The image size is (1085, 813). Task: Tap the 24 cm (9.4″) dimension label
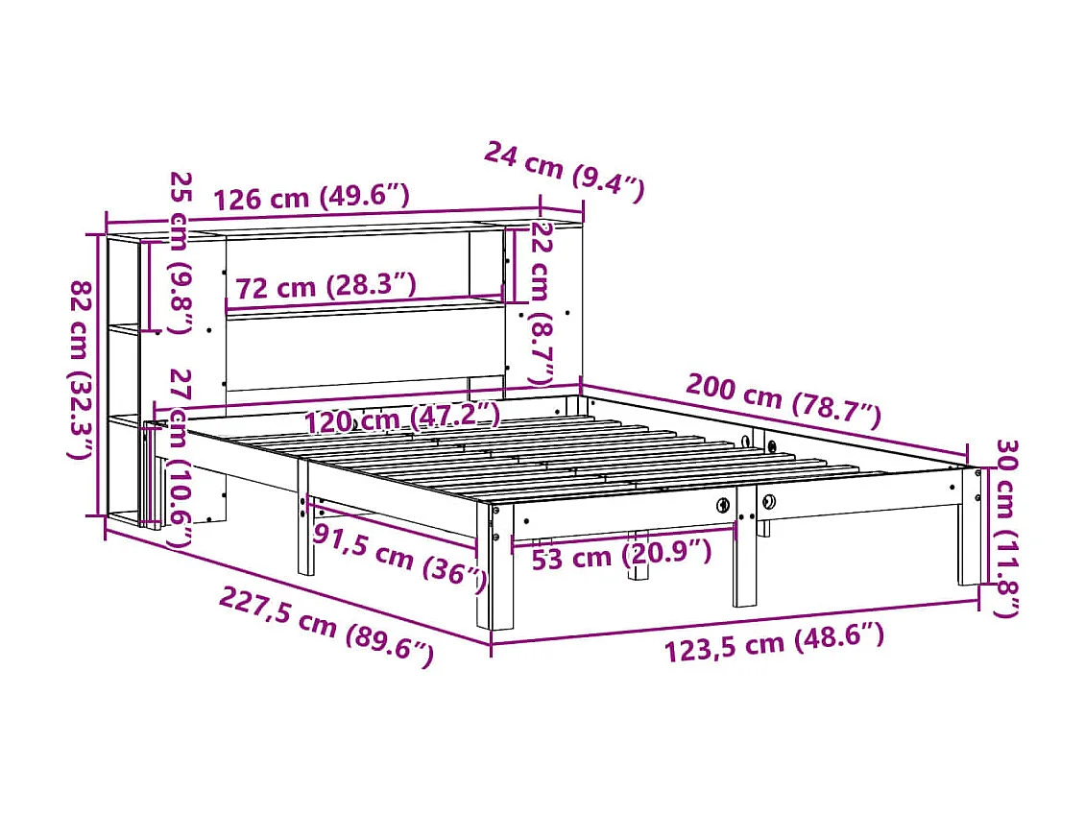pos(563,169)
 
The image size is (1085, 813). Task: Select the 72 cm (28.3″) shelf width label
pos(325,285)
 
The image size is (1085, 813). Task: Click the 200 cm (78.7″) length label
pos(783,401)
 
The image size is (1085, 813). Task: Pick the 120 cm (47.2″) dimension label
pos(402,418)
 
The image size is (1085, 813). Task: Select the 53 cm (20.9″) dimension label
pos(621,555)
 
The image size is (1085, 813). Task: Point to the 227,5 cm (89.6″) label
pos(326,626)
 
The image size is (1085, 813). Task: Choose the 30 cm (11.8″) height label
pos(1006,527)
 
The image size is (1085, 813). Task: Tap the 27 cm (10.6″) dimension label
pos(179,459)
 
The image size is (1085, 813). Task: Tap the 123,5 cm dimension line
pos(735,621)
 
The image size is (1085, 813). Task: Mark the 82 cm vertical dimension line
pos(99,374)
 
